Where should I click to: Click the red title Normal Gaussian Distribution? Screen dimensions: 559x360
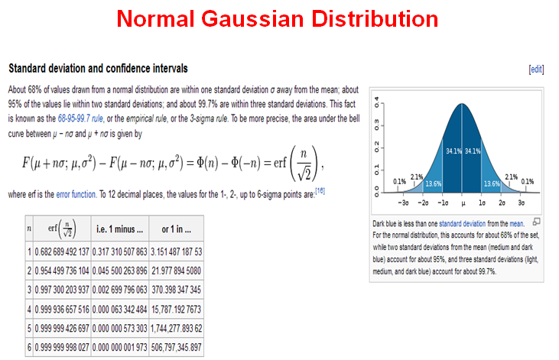[278, 18]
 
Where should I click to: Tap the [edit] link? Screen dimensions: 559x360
[536, 69]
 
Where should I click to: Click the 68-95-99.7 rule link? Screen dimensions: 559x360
[81, 118]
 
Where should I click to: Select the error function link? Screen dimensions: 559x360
[76, 195]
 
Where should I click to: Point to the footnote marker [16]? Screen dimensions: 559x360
[320, 191]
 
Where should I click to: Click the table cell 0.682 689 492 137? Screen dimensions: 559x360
[62, 251]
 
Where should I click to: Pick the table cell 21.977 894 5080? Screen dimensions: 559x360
[176, 271]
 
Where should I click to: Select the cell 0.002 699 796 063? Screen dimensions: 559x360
[120, 290]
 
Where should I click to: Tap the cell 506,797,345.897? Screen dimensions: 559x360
[176, 347]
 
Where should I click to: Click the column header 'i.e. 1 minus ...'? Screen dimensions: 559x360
[120, 229]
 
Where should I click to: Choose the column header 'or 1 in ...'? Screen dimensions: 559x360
[176, 229]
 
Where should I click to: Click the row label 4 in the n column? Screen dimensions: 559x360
[29, 310]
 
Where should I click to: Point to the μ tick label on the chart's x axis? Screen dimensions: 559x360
[463, 203]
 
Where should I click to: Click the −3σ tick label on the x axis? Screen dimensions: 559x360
[403, 203]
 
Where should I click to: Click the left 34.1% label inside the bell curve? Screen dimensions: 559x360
[453, 151]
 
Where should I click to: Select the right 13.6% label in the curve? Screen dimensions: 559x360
[492, 184]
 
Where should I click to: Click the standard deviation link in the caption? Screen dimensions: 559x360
[463, 224]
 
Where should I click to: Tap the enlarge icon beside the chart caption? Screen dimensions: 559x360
[537, 222]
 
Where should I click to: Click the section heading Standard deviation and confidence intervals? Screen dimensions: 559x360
[98, 69]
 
